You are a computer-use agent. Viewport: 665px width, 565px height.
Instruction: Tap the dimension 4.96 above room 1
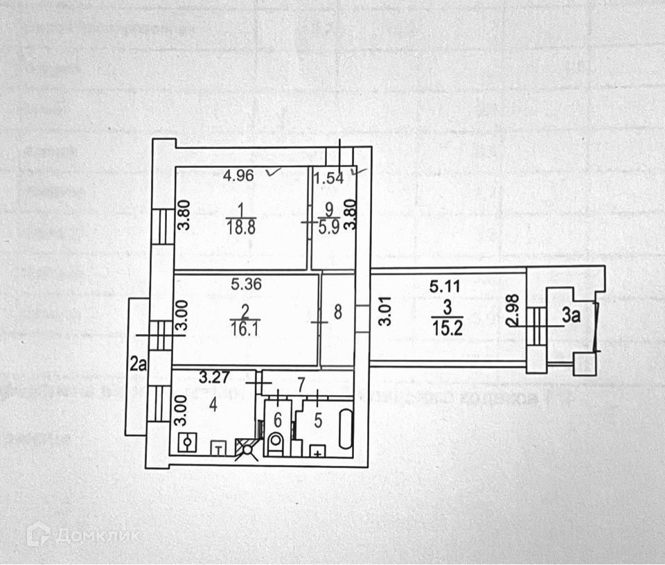pyautogui.click(x=238, y=175)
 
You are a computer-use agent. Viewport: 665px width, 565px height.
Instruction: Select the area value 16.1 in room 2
pyautogui.click(x=245, y=333)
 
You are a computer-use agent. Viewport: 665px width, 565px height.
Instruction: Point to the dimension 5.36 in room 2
pyautogui.click(x=245, y=283)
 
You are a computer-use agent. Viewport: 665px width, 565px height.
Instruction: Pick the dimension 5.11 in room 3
pyautogui.click(x=444, y=284)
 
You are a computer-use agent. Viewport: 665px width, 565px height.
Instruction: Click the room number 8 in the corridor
pyautogui.click(x=337, y=313)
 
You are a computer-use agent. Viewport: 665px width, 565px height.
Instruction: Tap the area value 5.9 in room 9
pyautogui.click(x=329, y=230)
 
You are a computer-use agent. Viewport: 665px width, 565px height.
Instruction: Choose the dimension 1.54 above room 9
pyautogui.click(x=329, y=177)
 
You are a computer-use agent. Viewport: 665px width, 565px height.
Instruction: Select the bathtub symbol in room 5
pyautogui.click(x=345, y=431)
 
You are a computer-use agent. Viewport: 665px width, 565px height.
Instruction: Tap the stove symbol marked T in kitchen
pyautogui.click(x=219, y=448)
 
